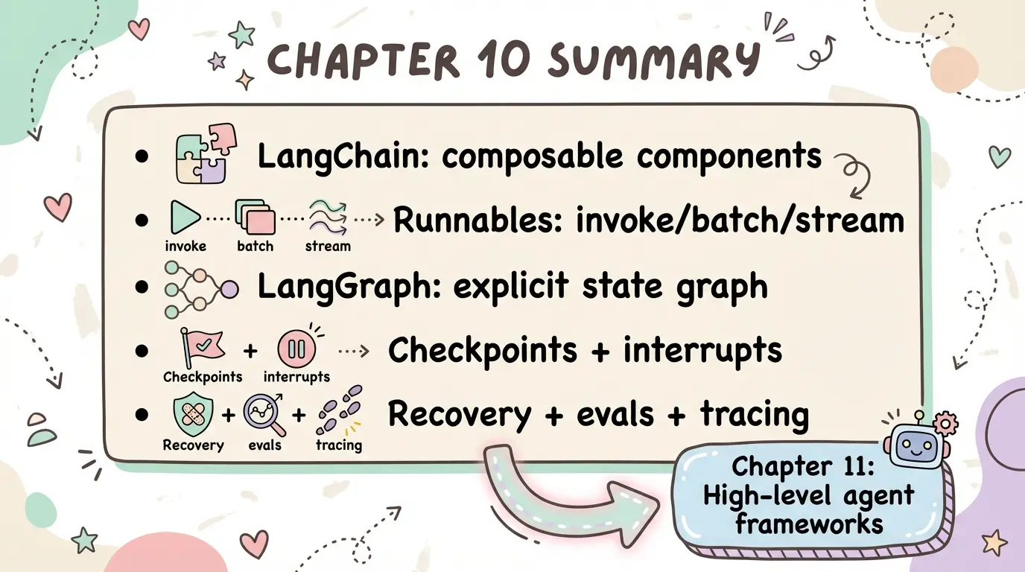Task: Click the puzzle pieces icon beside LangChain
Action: pyautogui.click(x=206, y=153)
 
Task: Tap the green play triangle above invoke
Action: pyautogui.click(x=184, y=217)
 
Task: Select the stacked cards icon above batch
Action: pyautogui.click(x=256, y=217)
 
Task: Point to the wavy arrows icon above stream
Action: pyautogui.click(x=328, y=217)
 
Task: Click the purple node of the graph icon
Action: pyautogui.click(x=229, y=289)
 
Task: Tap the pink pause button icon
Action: pyautogui.click(x=296, y=349)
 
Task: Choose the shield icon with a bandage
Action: pyautogui.click(x=193, y=415)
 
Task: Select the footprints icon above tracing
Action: pyautogui.click(x=339, y=410)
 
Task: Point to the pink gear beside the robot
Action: pyautogui.click(x=945, y=424)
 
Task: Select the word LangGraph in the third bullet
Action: pyautogui.click(x=349, y=287)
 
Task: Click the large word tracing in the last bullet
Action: pyautogui.click(x=754, y=415)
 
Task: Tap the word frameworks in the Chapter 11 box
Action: pyautogui.click(x=809, y=524)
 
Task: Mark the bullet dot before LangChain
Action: pyautogui.click(x=142, y=156)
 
